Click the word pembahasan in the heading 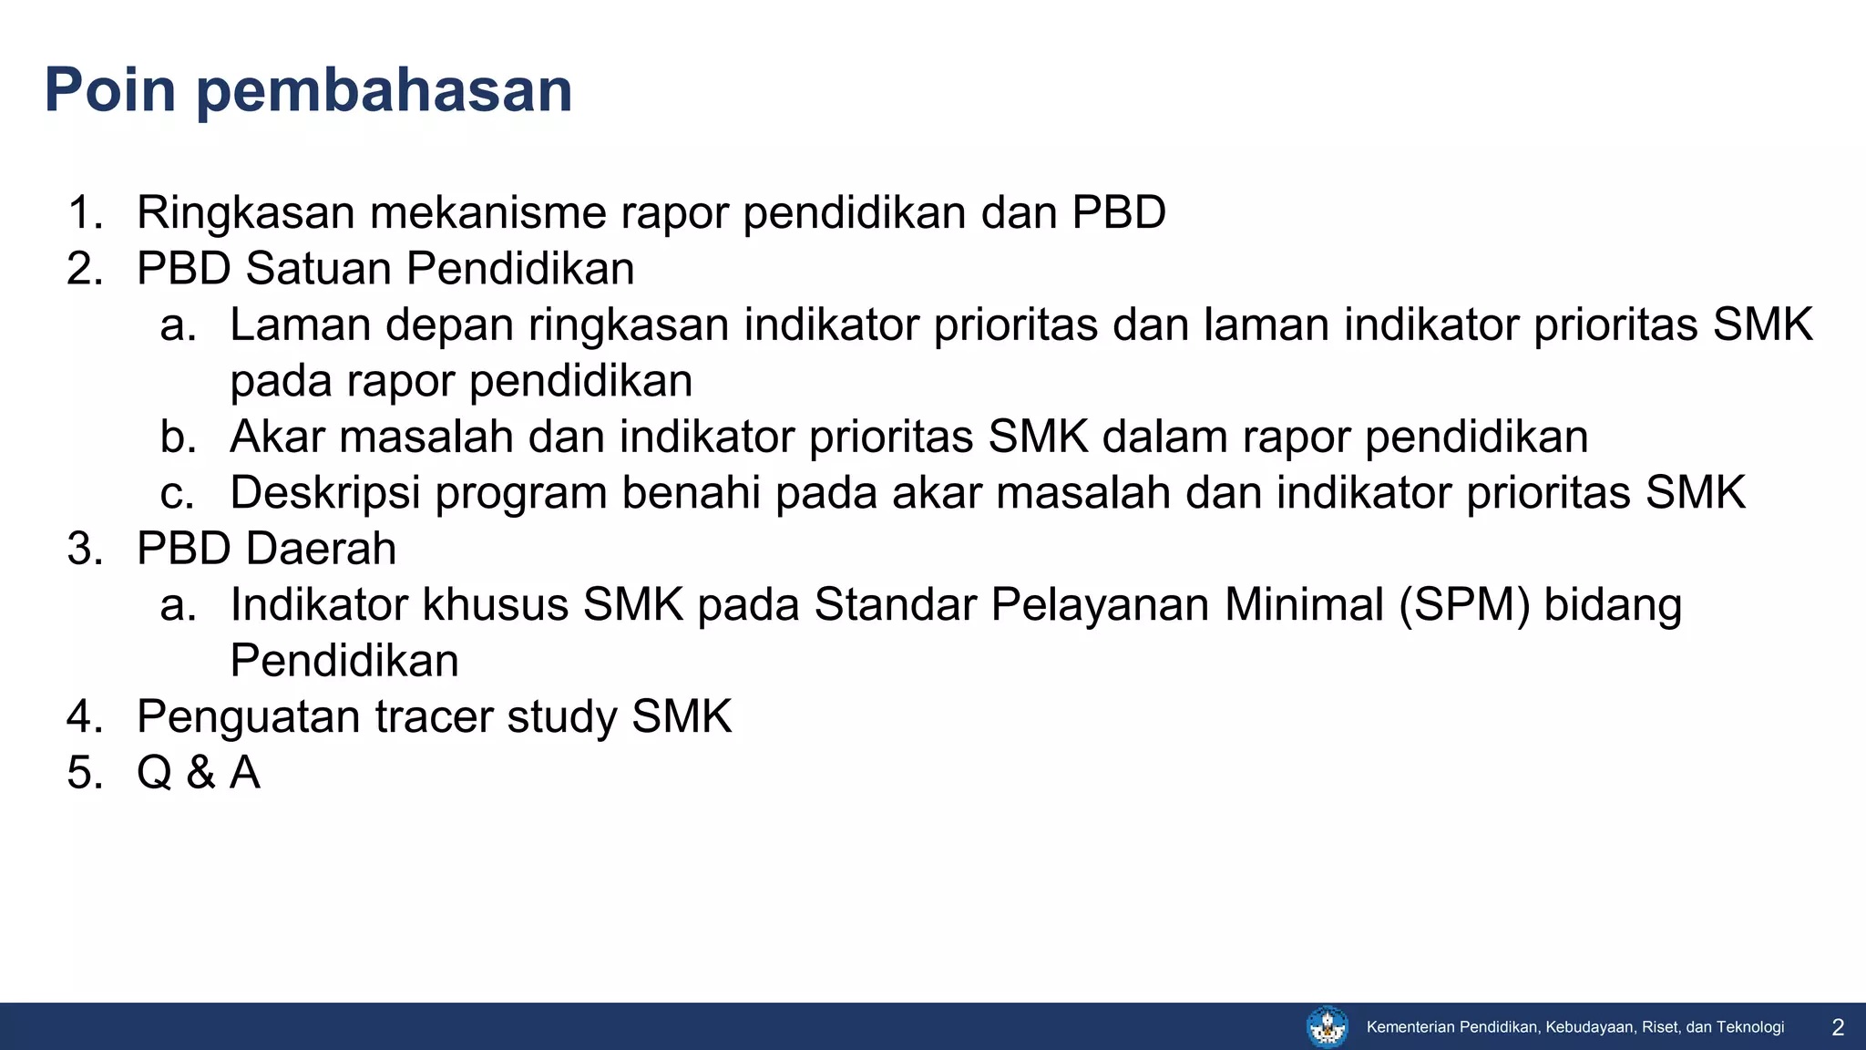[x=384, y=91]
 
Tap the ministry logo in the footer [x=1328, y=1027]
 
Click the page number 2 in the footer [x=1838, y=1028]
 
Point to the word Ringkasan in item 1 [x=245, y=214]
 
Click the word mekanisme [x=488, y=212]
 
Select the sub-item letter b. [x=178, y=437]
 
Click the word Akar [x=277, y=437]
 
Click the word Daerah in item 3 [x=320, y=549]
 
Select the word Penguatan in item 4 [x=249, y=717]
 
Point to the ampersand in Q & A [x=200, y=773]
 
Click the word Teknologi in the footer [x=1750, y=1027]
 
